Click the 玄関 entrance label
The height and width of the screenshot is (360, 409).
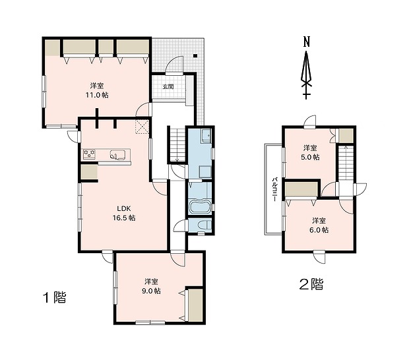168,87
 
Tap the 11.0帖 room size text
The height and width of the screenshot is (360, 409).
97,95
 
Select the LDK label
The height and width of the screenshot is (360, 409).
124,208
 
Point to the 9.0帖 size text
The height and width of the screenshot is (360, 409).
151,291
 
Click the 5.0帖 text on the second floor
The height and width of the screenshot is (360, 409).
310,158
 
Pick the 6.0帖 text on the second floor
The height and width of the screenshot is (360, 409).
319,230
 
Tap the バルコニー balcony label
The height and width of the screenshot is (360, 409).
274,189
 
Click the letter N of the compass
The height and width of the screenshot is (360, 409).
307,42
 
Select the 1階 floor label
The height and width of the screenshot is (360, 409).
55,297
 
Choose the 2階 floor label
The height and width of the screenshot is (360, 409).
311,284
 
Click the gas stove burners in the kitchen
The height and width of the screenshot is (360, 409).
90,154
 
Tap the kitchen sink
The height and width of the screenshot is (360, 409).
117,154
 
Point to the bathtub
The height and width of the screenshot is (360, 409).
201,207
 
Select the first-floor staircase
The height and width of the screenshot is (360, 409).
177,144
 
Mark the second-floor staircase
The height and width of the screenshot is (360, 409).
346,163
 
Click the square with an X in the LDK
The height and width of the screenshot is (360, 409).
142,127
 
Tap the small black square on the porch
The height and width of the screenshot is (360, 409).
195,55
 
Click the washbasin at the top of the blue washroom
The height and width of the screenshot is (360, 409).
206,136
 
